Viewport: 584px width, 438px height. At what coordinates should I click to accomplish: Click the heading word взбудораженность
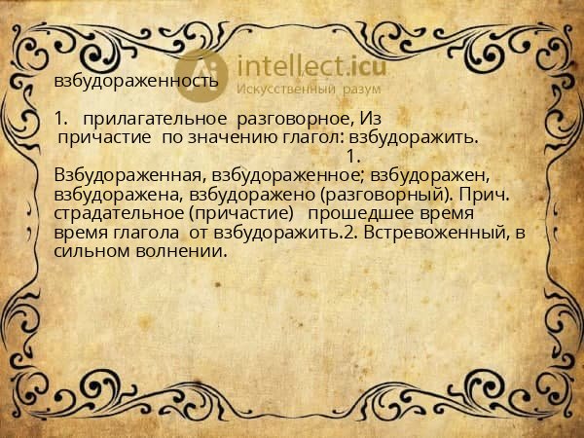136,81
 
